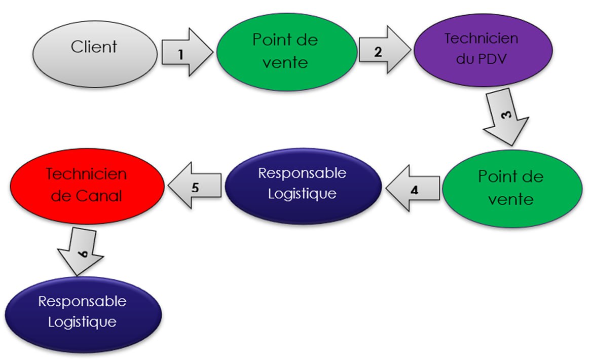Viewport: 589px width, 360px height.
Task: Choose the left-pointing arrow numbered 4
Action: tap(413, 189)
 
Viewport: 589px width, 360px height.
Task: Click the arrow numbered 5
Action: tap(195, 186)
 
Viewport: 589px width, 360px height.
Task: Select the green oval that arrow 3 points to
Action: tap(511, 188)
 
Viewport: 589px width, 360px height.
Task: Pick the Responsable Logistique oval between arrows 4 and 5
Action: tap(303, 186)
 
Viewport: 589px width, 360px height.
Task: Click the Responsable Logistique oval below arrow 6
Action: tap(83, 313)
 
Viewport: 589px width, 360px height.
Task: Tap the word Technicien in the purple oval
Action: tap(481, 39)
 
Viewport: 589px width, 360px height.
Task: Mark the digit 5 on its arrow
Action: tap(195, 186)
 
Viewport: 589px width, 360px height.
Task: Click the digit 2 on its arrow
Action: tap(378, 51)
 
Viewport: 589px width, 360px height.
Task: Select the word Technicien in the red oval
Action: tap(86, 173)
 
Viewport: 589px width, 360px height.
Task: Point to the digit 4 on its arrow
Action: tap(414, 191)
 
